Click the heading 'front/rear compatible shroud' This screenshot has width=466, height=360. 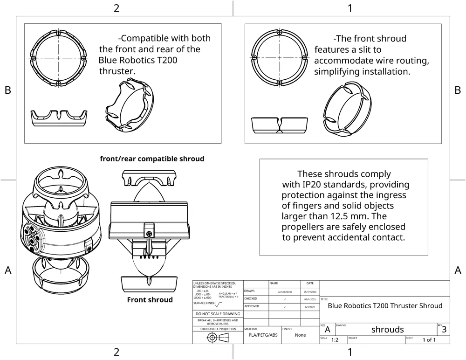click(152, 159)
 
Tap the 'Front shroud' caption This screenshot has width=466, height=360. click(150, 300)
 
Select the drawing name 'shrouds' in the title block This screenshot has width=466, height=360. click(387, 329)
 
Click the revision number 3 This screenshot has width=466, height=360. click(444, 329)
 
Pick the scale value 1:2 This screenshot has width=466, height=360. click(335, 340)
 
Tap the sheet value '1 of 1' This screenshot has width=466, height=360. click(429, 339)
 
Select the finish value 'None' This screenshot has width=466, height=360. click(301, 335)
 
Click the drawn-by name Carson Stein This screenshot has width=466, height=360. click(285, 291)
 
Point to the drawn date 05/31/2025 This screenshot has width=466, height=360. click(310, 291)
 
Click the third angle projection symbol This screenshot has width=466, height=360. click(218, 338)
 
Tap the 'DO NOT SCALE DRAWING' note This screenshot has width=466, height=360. click(218, 314)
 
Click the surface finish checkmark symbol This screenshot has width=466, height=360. click(219, 304)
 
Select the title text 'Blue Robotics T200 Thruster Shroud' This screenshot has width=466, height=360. click(385, 306)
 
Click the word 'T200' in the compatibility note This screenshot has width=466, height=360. click(165, 60)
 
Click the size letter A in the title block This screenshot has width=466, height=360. click(328, 330)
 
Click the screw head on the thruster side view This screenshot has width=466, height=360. click(150, 233)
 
